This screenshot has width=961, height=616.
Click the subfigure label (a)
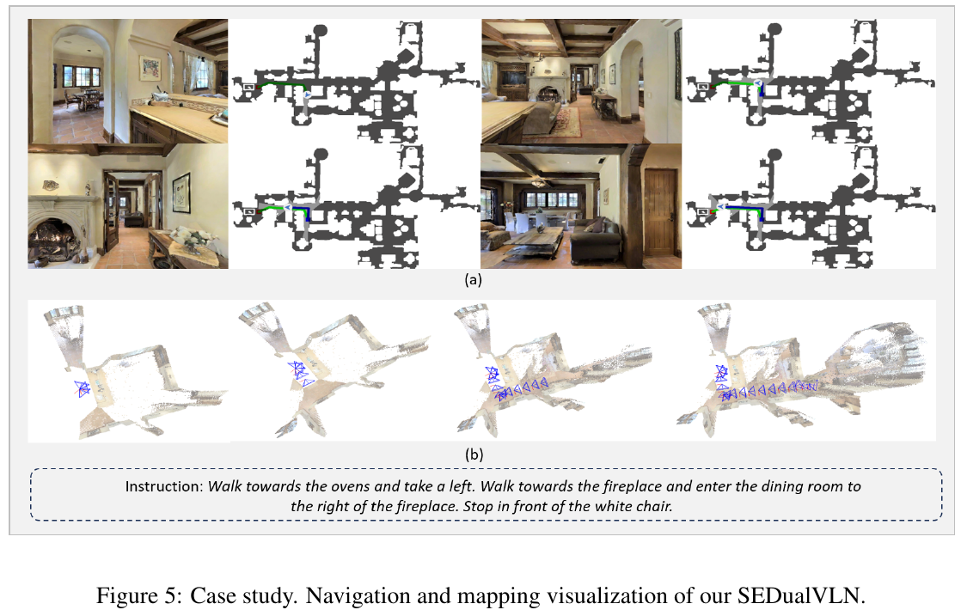pos(473,280)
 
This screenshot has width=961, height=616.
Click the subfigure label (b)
pos(474,454)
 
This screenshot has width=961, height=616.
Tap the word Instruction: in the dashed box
pos(163,486)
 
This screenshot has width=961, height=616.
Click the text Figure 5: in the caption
pos(139,595)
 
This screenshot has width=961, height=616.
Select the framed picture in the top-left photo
pos(150,68)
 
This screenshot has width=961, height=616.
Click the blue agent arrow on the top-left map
pos(307,95)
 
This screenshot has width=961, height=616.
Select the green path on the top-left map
pos(283,84)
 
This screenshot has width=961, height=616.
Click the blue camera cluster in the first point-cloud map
pos(83,388)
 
